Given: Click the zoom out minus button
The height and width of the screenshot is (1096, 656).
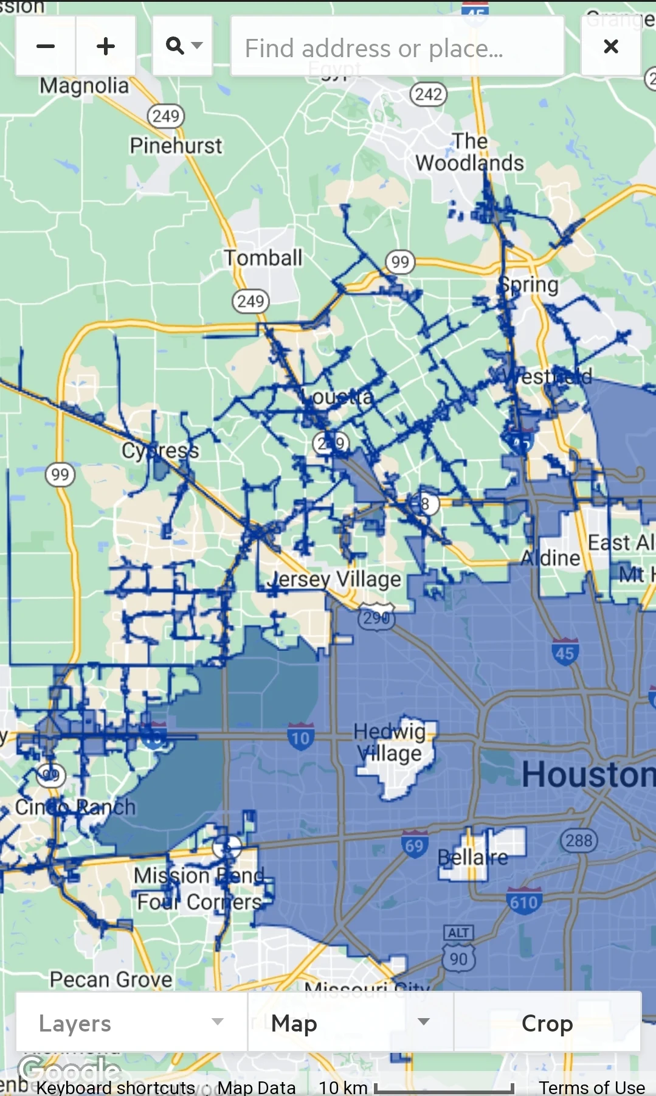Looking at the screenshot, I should point(46,46).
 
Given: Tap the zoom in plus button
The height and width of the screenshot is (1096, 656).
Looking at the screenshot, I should point(106,46).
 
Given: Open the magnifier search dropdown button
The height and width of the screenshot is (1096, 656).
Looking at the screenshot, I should point(182,46).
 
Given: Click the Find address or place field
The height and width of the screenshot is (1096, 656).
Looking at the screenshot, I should point(398,47).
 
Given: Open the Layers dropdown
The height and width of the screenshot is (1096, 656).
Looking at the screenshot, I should point(131,1023).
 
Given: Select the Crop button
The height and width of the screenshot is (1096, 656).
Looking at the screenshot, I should point(547,1023).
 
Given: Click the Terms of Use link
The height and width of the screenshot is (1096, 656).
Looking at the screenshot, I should point(592,1087).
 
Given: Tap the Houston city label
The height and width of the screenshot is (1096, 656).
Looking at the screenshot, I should point(587,774).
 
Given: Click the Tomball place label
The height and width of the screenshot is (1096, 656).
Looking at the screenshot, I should point(263,258).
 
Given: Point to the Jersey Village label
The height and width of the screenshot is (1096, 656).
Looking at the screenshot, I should point(334,579).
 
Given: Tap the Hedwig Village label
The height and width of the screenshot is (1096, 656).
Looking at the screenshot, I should point(390,742).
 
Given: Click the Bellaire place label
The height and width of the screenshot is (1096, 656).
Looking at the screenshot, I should point(472,857).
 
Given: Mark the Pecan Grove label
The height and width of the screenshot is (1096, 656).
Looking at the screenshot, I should point(111,979).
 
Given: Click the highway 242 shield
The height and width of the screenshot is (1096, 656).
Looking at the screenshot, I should point(429,94).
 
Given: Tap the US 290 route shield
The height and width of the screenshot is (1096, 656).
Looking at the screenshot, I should point(377,617).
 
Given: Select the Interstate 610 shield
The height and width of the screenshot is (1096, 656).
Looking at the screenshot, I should point(523,901).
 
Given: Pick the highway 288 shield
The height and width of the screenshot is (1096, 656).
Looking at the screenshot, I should point(579,841).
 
